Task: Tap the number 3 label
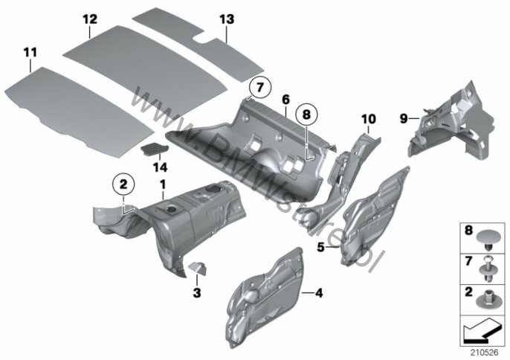[x=196, y=294]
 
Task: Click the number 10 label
[x=369, y=118]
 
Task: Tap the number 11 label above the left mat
[x=30, y=52]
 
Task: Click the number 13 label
[x=226, y=18]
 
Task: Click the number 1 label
[x=162, y=183]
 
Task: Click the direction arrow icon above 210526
[x=482, y=328]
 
